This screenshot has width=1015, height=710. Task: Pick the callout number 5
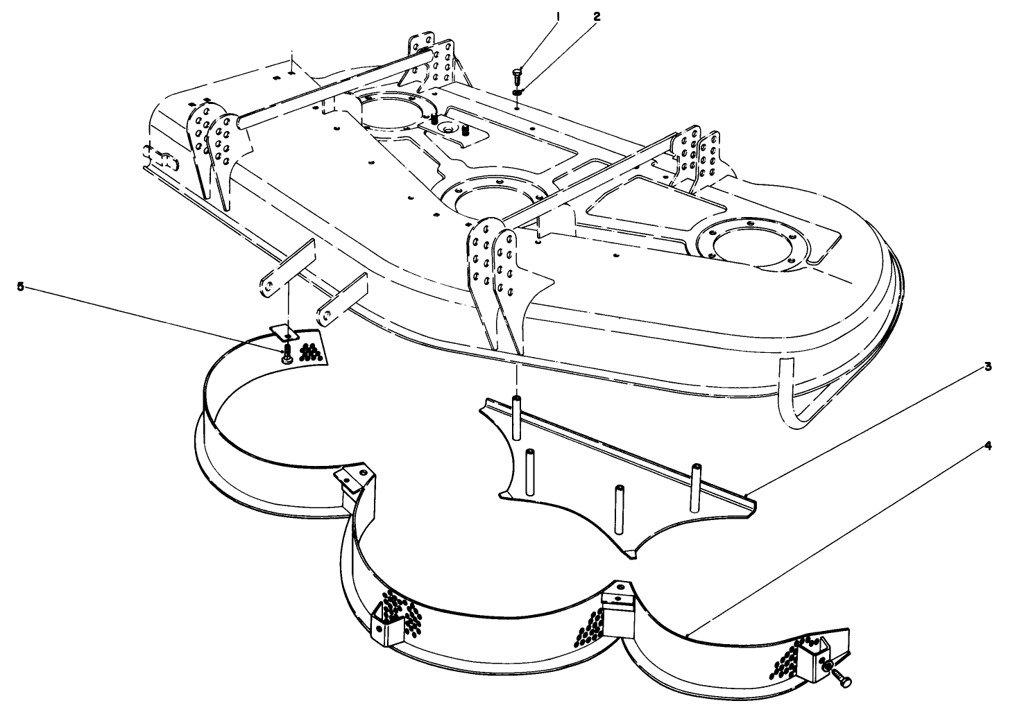tap(20, 286)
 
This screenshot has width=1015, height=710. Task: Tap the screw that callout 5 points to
tap(285, 356)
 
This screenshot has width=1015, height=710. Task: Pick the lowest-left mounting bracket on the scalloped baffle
tap(384, 623)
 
